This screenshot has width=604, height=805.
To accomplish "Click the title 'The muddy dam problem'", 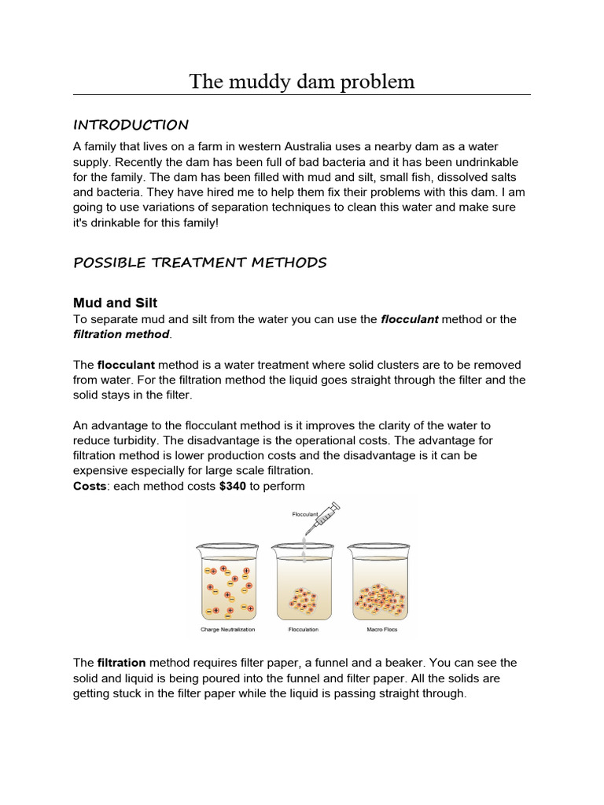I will coord(301,82).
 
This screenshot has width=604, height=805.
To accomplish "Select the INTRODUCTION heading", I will coord(131,125).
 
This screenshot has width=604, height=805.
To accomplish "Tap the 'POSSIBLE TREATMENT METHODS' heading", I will coord(200,263).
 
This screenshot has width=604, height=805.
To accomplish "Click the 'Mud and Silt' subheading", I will coord(116,303).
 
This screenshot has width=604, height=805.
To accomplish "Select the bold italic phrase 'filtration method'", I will coord(121,334).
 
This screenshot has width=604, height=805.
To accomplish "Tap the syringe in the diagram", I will coord(324,520).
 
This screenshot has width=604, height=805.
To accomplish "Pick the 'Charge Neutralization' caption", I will coord(228,630).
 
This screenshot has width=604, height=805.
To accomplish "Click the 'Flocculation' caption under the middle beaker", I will coord(302,630).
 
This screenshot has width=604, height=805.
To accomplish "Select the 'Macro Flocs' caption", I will coord(379,630).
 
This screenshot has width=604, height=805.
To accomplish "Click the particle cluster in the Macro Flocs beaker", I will coord(380,600).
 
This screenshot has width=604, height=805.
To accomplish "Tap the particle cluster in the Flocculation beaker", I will coord(303,601).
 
